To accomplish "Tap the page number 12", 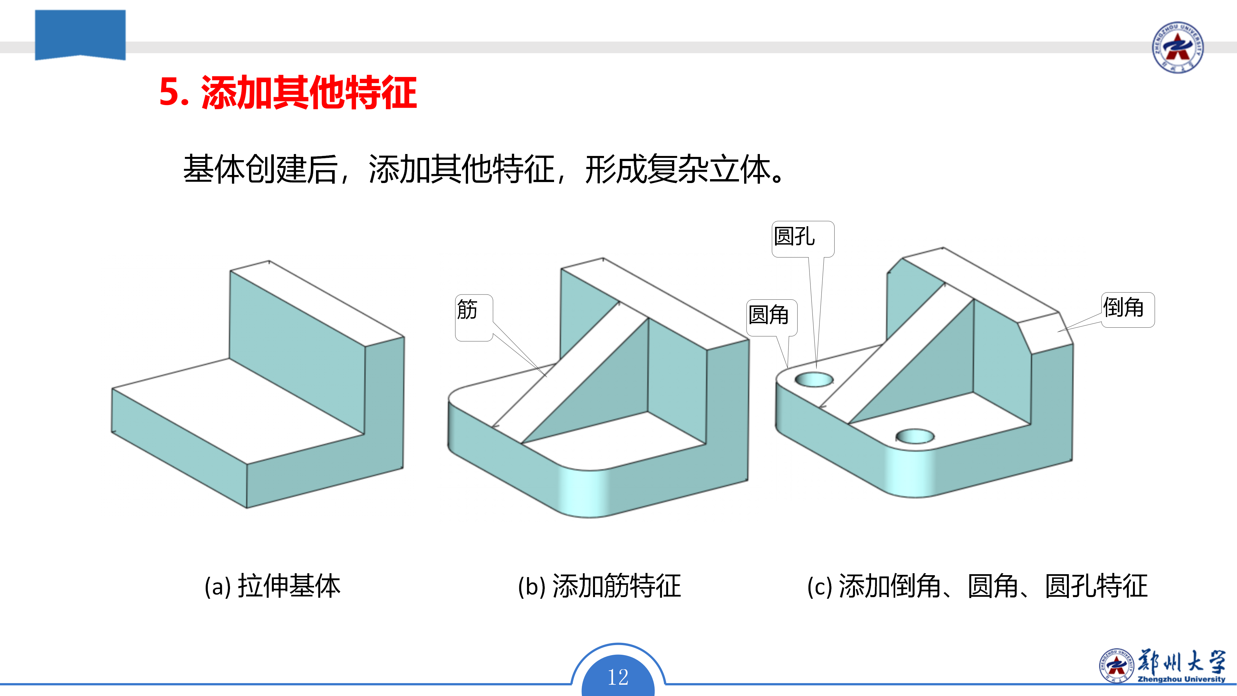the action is point(618,677).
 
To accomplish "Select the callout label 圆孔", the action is point(795,236).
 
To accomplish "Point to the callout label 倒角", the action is point(1124,307).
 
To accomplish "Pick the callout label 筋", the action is point(467,309).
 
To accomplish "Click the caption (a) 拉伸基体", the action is point(272,586).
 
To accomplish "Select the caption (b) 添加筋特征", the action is point(599,586).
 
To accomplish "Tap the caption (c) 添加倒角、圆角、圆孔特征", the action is point(978,586).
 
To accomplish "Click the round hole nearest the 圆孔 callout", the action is point(814,380).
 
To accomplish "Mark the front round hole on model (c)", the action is point(915,436).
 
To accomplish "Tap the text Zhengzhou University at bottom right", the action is point(1181,679).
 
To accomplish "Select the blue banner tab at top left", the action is point(80,34).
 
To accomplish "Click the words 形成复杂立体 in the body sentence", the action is point(677,169).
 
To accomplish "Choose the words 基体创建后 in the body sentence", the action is point(260,169).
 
